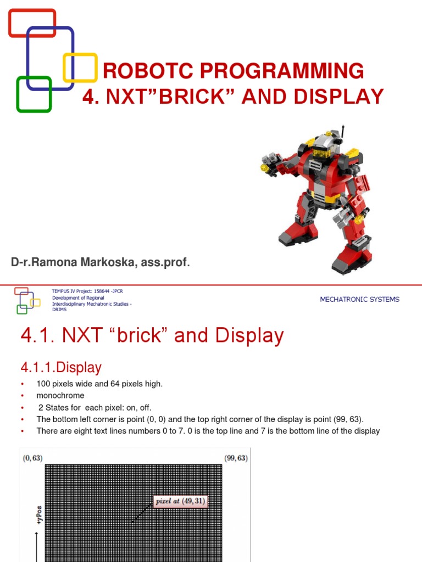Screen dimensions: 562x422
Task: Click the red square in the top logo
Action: pyautogui.click(x=32, y=13)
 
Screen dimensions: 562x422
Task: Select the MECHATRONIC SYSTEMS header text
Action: pyautogui.click(x=359, y=299)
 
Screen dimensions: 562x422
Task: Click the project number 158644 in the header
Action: pyautogui.click(x=99, y=291)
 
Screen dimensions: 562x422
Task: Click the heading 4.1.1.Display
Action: pyautogui.click(x=61, y=367)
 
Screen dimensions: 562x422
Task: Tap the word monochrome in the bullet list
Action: pyautogui.click(x=60, y=395)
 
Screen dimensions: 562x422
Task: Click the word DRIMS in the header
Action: pyautogui.click(x=59, y=310)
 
